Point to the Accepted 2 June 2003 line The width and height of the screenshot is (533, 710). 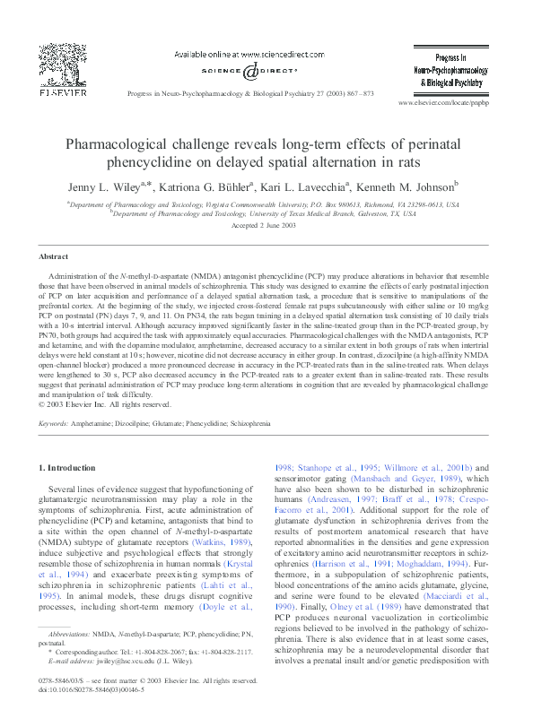click(266, 225)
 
